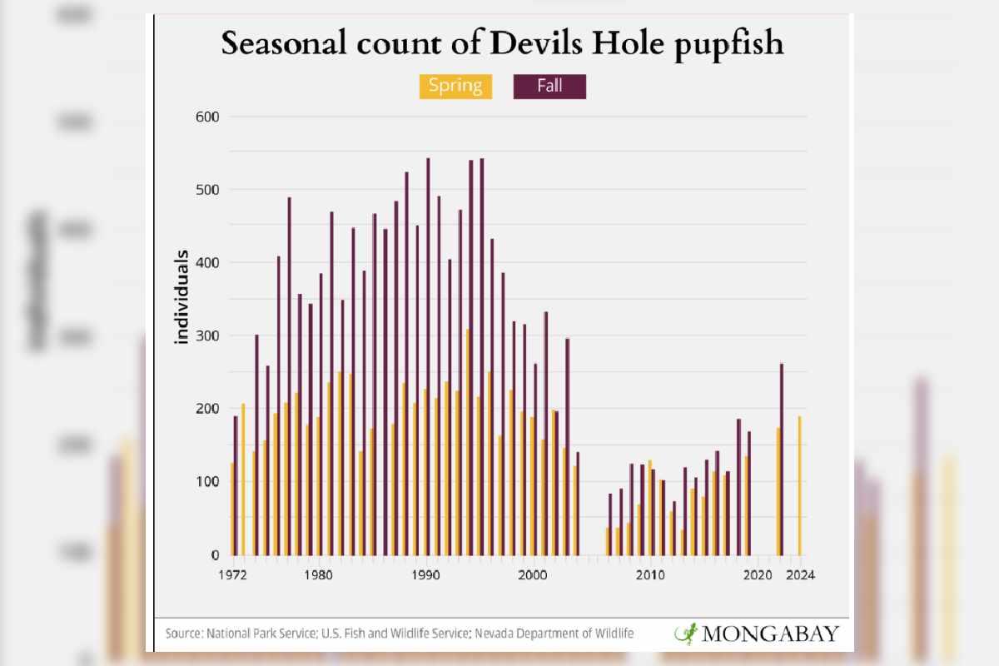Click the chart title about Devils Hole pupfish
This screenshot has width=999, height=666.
(x=502, y=44)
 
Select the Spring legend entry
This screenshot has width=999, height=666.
(x=455, y=87)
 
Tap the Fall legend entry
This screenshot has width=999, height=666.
(x=549, y=87)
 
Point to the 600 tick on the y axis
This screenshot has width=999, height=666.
(x=206, y=117)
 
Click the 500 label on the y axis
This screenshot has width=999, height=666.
(x=206, y=190)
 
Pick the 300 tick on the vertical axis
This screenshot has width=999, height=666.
(x=206, y=335)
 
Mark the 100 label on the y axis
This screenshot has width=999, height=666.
(x=206, y=482)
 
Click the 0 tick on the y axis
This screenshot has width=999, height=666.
(x=213, y=555)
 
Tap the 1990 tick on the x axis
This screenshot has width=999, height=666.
(x=427, y=574)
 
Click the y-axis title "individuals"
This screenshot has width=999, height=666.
(x=181, y=296)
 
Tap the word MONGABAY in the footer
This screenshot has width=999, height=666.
(x=770, y=634)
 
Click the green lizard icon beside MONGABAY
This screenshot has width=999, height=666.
(x=686, y=634)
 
